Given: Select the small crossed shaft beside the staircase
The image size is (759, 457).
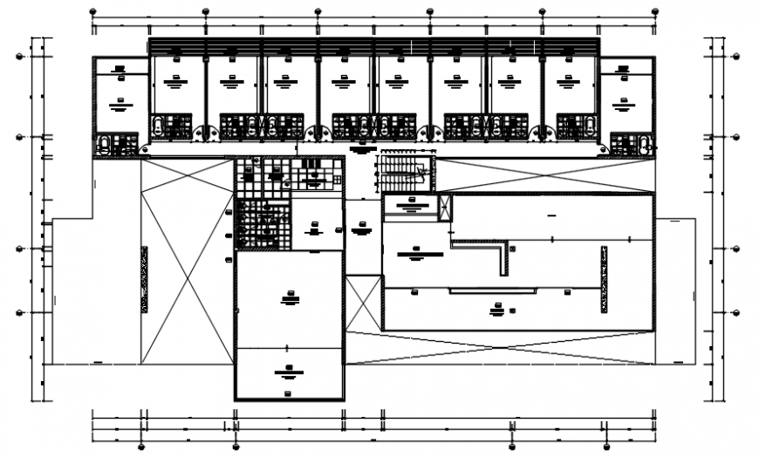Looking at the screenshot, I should point(445,207).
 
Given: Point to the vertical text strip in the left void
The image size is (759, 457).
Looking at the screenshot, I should point(144,279).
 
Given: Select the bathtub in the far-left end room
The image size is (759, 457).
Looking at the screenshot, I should point(106,145).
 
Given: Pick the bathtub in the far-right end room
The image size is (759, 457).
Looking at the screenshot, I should point(643,145).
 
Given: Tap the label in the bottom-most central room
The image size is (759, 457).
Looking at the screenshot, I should point(287,373).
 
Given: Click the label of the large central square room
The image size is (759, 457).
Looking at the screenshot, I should point(289,299).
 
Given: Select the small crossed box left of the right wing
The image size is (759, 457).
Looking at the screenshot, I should point(364,302).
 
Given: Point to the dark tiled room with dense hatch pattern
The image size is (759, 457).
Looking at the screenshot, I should point(262,223).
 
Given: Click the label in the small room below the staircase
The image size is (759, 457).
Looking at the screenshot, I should point(412,205).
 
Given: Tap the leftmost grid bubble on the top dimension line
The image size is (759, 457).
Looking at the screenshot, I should point(93,11).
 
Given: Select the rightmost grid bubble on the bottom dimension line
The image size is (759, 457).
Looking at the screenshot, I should point(655,447).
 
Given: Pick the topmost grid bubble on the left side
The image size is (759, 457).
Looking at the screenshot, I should point(20,58).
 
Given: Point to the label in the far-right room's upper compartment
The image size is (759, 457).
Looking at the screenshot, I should point(625,67).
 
